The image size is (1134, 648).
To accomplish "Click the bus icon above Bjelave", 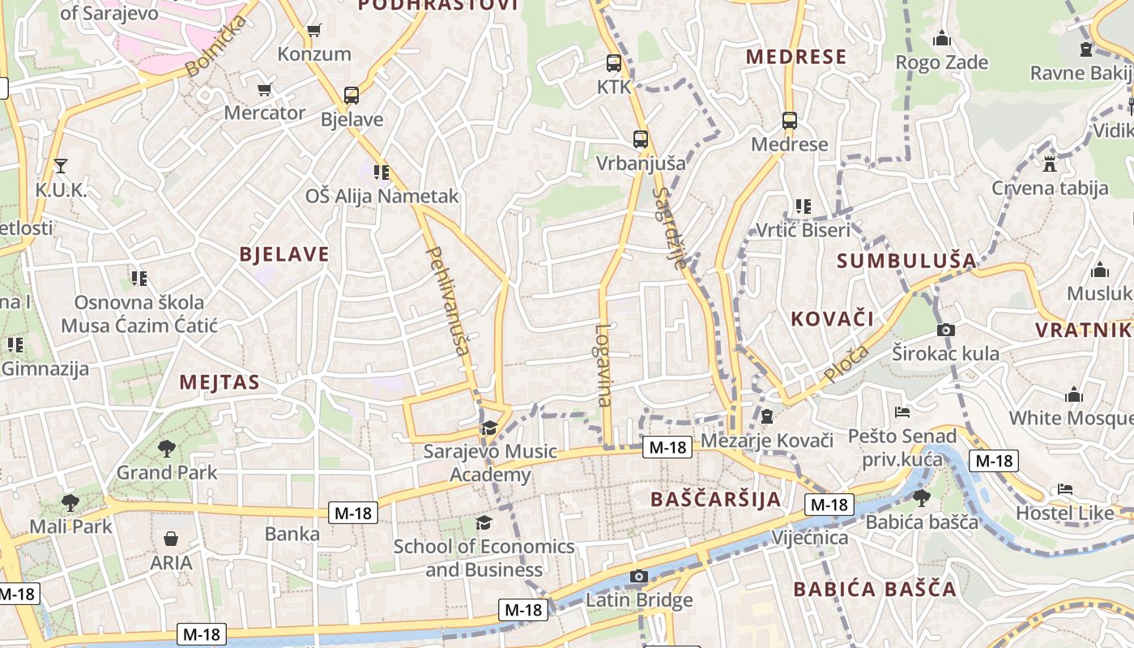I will [352, 96].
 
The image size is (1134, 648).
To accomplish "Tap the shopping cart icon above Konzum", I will [314, 31].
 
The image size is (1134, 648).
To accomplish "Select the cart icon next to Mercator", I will [264, 89].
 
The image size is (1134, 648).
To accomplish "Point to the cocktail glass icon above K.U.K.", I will [61, 166].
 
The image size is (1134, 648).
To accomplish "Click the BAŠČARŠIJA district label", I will [716, 499].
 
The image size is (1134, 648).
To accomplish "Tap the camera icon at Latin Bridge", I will [639, 576].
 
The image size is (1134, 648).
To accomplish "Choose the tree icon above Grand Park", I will [167, 448].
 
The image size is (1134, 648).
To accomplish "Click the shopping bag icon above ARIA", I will [171, 539].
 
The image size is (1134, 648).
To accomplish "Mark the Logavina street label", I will [603, 364].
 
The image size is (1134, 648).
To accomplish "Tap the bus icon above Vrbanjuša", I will [641, 139].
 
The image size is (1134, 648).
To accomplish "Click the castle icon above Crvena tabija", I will [1050, 164].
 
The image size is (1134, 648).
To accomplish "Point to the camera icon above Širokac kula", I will [945, 330].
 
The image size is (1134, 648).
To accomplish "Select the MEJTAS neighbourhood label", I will [220, 382].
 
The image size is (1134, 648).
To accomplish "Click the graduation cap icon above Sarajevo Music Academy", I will [489, 428].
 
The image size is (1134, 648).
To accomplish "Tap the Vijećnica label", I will [810, 538].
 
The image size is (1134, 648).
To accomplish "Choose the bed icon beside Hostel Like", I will [1065, 489].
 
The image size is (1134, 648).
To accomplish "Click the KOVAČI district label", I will [833, 318].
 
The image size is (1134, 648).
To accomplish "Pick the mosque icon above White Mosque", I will [1074, 394].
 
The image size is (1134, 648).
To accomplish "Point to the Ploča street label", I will [846, 364].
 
